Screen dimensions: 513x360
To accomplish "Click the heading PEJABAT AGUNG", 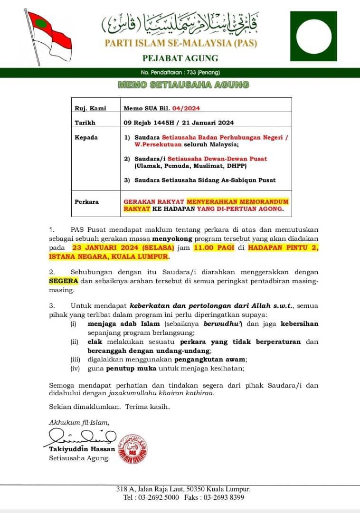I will pos(180,58).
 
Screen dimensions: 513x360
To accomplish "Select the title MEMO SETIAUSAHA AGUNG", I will pos(183,85).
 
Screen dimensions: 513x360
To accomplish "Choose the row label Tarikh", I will pos(85,123).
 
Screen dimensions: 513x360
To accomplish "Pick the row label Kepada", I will pos(86,137).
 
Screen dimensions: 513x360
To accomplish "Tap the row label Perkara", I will pos(87,202).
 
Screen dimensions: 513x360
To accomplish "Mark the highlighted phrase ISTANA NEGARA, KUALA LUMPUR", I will pos(109,256).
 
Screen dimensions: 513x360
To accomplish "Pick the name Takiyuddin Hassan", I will pos(82,449).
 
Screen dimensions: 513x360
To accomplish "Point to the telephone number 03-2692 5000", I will pos(158,497).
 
